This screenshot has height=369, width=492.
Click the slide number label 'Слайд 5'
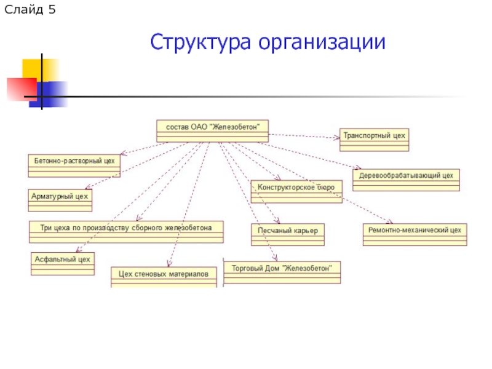click(30, 10)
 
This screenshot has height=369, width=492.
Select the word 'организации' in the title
click(322, 43)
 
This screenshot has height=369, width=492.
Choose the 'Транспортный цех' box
click(374, 140)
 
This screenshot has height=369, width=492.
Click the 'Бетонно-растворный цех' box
click(74, 165)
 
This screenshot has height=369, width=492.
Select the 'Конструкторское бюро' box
click(296, 191)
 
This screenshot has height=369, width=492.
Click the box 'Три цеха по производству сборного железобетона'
click(126, 232)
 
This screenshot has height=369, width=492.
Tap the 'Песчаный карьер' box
click(287, 234)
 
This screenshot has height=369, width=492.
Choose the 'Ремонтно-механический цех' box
click(415, 234)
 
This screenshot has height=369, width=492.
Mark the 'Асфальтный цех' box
click(63, 263)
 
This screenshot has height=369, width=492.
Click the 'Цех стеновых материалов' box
click(164, 277)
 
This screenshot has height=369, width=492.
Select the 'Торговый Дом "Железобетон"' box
click(282, 272)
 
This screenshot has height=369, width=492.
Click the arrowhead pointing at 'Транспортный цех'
click(337, 137)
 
